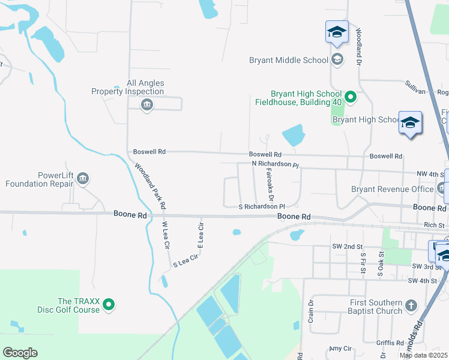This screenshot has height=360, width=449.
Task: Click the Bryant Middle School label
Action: (288, 60)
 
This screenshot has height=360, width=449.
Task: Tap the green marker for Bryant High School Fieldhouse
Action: (351, 97)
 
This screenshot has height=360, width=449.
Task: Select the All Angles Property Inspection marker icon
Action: (146, 106)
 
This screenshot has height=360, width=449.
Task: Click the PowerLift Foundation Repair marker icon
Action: (83, 178)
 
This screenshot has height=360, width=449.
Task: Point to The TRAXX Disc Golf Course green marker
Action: (109, 305)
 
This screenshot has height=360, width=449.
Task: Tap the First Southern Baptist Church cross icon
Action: (411, 306)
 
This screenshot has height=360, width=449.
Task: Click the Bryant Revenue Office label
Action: (392, 189)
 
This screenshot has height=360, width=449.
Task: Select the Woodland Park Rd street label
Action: (150, 186)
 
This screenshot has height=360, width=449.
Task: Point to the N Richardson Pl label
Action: (275, 164)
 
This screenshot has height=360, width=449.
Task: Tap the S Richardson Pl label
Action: (261, 206)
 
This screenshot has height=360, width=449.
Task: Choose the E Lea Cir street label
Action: (202, 235)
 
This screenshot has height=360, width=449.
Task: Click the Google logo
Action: (20, 353)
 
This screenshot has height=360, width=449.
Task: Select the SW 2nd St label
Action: (348, 247)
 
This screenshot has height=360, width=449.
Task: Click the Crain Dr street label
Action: (311, 310)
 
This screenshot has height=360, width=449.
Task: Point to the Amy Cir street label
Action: (340, 349)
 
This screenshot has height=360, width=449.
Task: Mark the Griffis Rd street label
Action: (390, 343)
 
